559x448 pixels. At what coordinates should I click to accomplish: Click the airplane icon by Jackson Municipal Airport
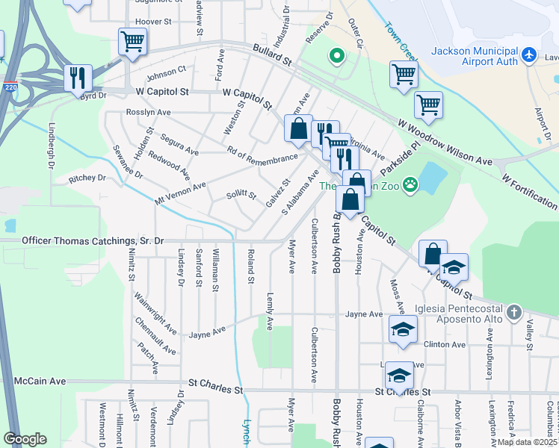click(x=530, y=55)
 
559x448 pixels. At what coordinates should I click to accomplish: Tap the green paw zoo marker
click(x=410, y=184)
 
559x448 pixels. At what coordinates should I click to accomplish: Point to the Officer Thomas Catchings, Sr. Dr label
click(x=93, y=241)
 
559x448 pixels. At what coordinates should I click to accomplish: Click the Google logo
click(x=25, y=438)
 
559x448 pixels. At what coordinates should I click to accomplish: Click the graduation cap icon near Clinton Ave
click(x=402, y=329)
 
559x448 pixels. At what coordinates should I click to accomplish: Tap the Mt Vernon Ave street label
click(x=179, y=196)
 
